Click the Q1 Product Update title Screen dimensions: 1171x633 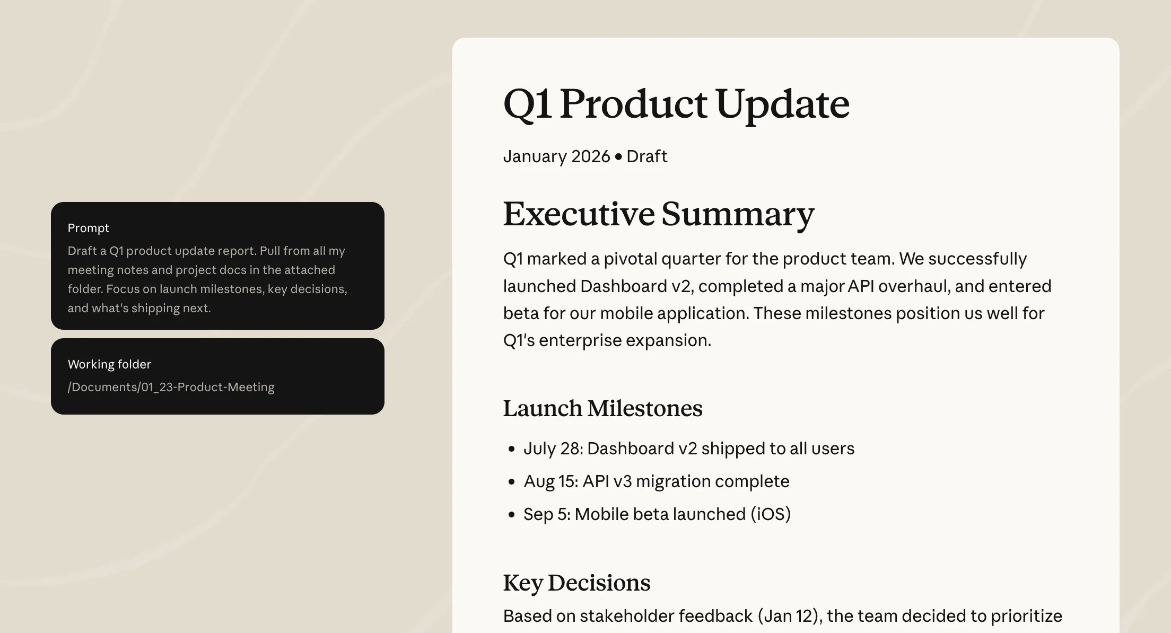tap(676, 104)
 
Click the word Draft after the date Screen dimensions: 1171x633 tap(646, 156)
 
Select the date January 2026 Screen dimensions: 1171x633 tap(556, 156)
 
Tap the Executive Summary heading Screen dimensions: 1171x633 tap(659, 215)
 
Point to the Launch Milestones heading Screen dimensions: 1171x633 tap(602, 408)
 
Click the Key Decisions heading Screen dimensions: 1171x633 tap(576, 583)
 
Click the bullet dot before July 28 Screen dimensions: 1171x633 tap(511, 449)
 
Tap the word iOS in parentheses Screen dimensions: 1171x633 tap(770, 514)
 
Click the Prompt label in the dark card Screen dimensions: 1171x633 tap(88, 228)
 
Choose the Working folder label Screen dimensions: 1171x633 tap(109, 364)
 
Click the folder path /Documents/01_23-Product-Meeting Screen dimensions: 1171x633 tap(171, 387)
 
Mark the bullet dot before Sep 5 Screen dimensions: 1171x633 tap(511, 515)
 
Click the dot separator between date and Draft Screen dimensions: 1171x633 tap(618, 157)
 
